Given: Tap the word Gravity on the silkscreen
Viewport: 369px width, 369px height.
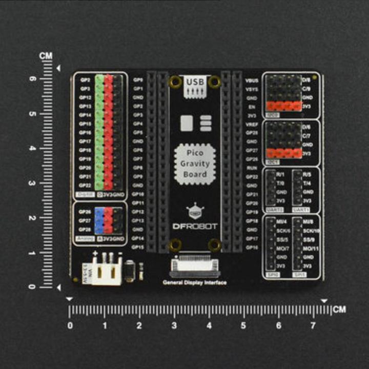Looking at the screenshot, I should (x=195, y=164).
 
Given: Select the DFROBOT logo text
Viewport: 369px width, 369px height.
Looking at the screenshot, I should (x=195, y=226).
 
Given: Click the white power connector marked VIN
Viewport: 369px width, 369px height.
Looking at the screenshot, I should (x=109, y=271).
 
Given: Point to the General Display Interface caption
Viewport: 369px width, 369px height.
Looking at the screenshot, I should (x=195, y=282).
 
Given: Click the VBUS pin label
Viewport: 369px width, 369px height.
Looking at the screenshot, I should (x=251, y=80).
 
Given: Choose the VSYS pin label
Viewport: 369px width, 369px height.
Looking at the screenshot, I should (x=251, y=89).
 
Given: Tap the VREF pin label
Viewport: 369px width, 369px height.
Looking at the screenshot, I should (x=251, y=124).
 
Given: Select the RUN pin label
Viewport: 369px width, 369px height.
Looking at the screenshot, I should (x=251, y=168).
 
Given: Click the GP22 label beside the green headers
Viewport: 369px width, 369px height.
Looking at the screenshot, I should (x=85, y=185).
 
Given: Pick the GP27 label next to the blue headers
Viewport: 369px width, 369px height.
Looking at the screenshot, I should (x=85, y=220).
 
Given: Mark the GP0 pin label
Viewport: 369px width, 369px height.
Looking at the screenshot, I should (x=138, y=80).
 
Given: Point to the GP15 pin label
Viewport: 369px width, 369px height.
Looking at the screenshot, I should (x=137, y=247).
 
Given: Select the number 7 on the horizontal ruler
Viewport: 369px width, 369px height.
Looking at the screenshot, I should (x=313, y=325).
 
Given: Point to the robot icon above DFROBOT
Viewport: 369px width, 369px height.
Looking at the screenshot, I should (x=195, y=211).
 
